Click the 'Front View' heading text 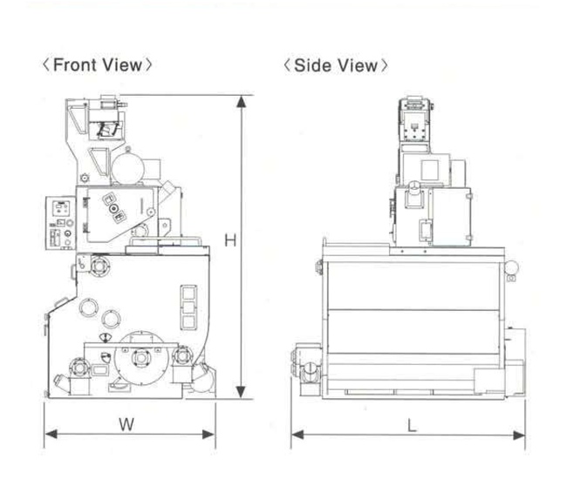coord(98,65)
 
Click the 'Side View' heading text coord(336,65)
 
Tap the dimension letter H coord(230,240)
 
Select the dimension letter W coord(126,424)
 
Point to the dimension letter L coord(412,426)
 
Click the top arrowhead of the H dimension coord(241,102)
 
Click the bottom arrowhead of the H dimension coord(241,392)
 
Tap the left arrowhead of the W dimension coord(51,434)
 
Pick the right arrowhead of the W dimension coord(208,435)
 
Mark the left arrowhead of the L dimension coord(297,435)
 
